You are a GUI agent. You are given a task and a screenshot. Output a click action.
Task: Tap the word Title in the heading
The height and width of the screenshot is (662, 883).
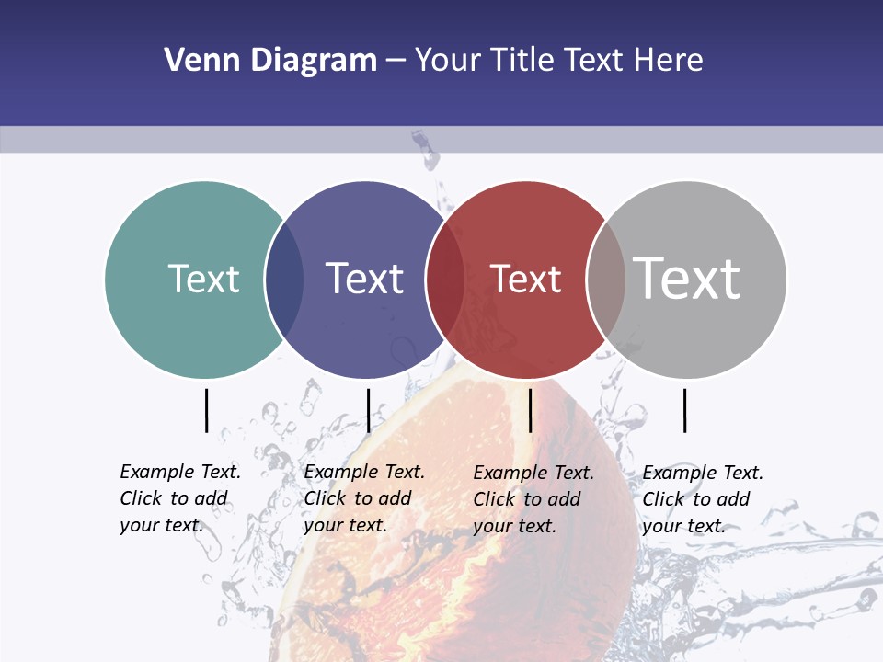522,61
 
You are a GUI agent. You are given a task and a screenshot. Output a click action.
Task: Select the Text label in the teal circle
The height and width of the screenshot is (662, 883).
203,279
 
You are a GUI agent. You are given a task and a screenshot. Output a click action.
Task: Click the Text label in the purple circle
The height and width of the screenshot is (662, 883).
364,279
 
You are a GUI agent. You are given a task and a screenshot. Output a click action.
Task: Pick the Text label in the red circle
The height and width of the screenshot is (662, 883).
525,279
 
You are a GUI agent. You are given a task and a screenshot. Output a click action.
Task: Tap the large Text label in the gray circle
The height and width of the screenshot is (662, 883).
687,279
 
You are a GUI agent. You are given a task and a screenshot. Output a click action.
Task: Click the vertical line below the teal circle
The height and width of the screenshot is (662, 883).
206,410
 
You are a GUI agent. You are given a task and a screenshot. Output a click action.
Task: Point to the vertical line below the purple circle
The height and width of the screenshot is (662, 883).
368,410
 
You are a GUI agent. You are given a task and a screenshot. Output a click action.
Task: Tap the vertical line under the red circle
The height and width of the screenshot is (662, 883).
530,410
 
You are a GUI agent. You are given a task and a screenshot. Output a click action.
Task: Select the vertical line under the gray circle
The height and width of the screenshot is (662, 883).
684,410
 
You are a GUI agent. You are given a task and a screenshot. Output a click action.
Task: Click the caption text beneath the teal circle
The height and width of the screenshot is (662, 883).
179,498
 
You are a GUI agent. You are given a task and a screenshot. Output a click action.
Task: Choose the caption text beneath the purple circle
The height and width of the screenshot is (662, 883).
363,498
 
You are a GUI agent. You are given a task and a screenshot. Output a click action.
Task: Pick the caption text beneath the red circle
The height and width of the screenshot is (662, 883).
533,499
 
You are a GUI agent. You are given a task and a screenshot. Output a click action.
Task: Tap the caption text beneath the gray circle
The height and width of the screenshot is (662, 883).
702,499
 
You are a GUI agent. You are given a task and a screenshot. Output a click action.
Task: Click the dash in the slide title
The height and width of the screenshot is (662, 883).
396,62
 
